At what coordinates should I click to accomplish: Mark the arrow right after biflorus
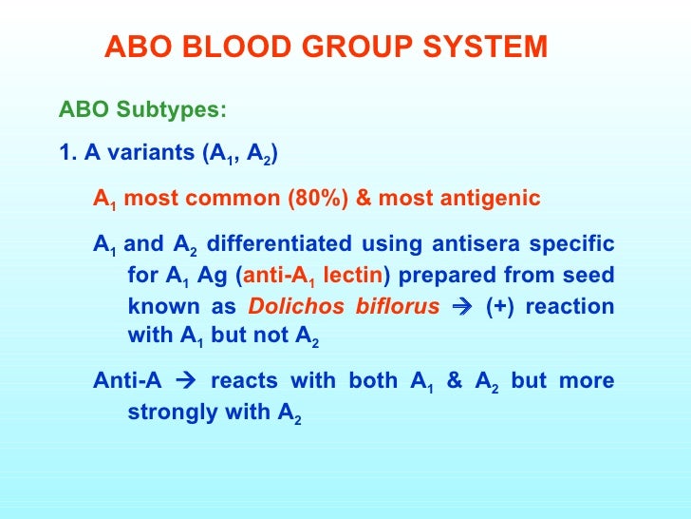pos(467,307)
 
